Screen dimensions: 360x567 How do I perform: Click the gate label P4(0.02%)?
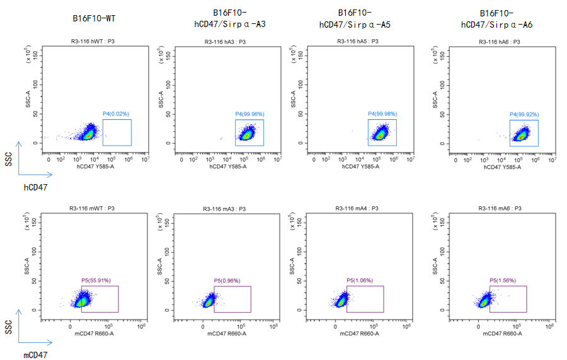pyautogui.click(x=117, y=114)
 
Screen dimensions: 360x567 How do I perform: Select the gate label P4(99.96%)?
pyautogui.click(x=249, y=114)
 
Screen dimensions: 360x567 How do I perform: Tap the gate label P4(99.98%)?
pyautogui.click(x=382, y=114)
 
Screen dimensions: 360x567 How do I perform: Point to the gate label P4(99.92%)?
pyautogui.click(x=524, y=114)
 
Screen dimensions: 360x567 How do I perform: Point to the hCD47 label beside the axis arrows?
pyautogui.click(x=36, y=187)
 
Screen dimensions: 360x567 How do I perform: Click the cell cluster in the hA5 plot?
pyautogui.click(x=381, y=133)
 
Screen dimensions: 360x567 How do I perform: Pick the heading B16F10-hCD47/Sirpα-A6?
pyautogui.click(x=497, y=19)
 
